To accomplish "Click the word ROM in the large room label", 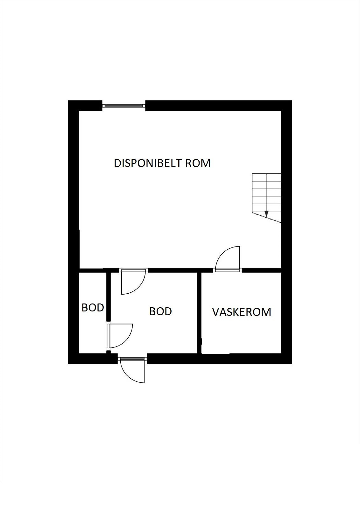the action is pyautogui.click(x=198, y=163).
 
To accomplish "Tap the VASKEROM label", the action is pyautogui.click(x=242, y=312).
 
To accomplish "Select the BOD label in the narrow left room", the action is pyautogui.click(x=93, y=308).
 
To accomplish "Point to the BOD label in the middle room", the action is pyautogui.click(x=160, y=311).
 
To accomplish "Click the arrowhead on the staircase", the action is pyautogui.click(x=266, y=213).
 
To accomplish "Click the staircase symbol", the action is pyautogui.click(x=266, y=198).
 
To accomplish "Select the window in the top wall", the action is pyautogui.click(x=124, y=105).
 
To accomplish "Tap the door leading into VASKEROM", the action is pyautogui.click(x=227, y=259).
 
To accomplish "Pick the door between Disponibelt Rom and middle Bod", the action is pyautogui.click(x=133, y=282).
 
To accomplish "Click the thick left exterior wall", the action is pyautogui.click(x=74, y=235).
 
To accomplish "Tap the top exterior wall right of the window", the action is pyautogui.click(x=218, y=106).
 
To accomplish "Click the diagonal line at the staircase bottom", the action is pyautogui.click(x=266, y=218).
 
